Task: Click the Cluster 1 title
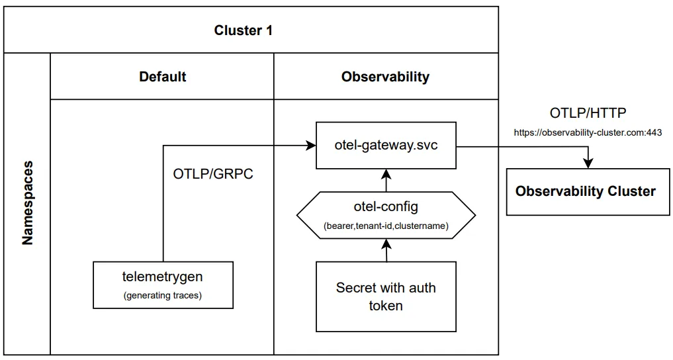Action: [243, 30]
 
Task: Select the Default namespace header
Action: [162, 77]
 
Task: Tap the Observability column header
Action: [385, 77]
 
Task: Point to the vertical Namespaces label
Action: [27, 202]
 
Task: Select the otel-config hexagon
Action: [386, 214]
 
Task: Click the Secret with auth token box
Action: [386, 296]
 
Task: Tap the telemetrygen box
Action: [163, 285]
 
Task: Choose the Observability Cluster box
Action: [585, 191]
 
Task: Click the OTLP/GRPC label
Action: [213, 175]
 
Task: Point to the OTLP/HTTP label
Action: [588, 113]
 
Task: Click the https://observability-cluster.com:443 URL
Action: [588, 132]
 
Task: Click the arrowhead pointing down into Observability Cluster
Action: [586, 162]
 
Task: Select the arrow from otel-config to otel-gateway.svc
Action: [386, 179]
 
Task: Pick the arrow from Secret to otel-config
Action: [386, 249]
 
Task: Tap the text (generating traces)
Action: [163, 296]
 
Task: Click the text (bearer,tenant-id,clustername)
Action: [386, 226]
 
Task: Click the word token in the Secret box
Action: [386, 305]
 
